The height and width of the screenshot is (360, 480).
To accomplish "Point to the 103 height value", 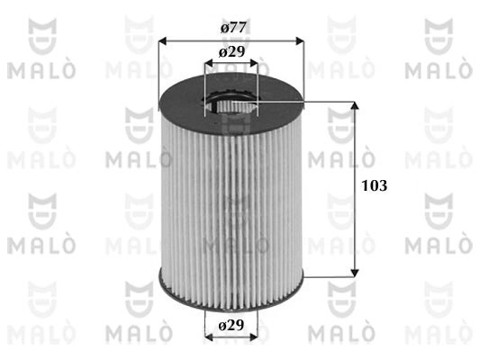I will click(x=373, y=186).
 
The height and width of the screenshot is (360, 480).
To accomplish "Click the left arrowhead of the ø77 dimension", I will click(x=163, y=40).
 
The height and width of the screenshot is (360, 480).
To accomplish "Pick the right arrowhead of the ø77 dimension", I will click(x=301, y=40).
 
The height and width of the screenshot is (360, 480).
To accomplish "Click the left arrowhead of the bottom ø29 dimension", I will click(x=210, y=337).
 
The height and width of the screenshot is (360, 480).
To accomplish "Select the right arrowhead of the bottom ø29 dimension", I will click(x=254, y=337).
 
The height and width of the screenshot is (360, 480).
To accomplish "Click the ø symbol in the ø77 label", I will click(x=221, y=27).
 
